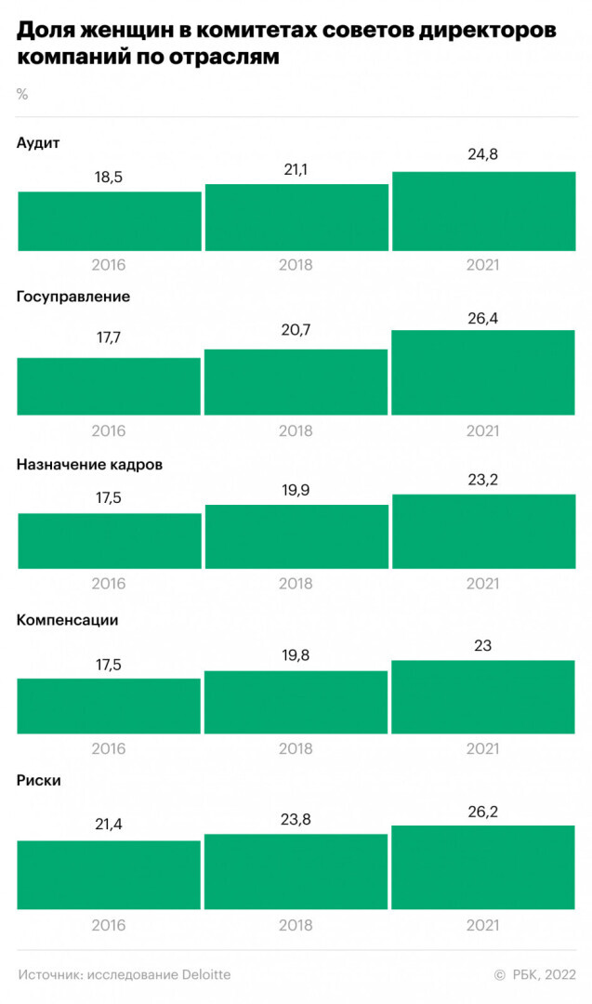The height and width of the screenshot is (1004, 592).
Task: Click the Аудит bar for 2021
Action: coord(483,211)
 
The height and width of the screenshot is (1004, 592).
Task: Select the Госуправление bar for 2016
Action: coord(109,386)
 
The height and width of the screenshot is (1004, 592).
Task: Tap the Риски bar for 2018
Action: coord(296,871)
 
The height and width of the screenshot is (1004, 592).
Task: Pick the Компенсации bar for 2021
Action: coord(483,696)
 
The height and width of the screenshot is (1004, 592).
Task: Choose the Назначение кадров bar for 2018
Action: coord(296,536)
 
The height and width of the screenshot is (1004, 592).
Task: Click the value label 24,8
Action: coord(483,155)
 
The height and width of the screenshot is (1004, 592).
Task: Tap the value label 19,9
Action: coord(296,488)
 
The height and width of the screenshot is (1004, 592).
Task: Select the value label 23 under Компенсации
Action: coord(483,644)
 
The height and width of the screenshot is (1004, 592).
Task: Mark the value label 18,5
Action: coord(109,175)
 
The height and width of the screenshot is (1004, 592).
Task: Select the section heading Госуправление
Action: coord(73,297)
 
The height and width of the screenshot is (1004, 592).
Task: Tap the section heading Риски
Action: coord(39,780)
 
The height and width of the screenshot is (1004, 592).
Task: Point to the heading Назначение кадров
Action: coord(89,464)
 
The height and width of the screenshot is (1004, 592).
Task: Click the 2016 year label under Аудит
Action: coord(109,265)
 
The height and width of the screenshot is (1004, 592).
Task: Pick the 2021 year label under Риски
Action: coord(483,925)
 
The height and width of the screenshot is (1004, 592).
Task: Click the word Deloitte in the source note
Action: coord(201,974)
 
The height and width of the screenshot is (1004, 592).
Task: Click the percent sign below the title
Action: coord(22,94)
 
